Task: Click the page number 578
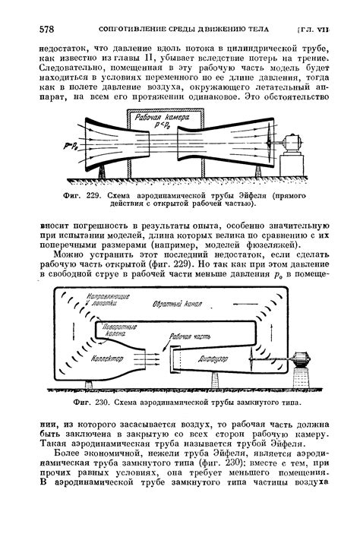tap(46, 30)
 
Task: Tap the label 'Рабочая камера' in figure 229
tap(162, 118)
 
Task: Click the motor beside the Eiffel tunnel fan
tap(292, 144)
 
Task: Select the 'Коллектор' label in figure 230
tap(107, 358)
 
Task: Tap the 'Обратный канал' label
tap(177, 304)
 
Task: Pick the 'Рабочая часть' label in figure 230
tap(190, 336)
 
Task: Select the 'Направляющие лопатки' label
tap(108, 299)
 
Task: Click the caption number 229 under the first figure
tap(93, 196)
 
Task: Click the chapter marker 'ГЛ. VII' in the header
tap(312, 30)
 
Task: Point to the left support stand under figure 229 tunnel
tap(102, 172)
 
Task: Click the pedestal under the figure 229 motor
tap(292, 166)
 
